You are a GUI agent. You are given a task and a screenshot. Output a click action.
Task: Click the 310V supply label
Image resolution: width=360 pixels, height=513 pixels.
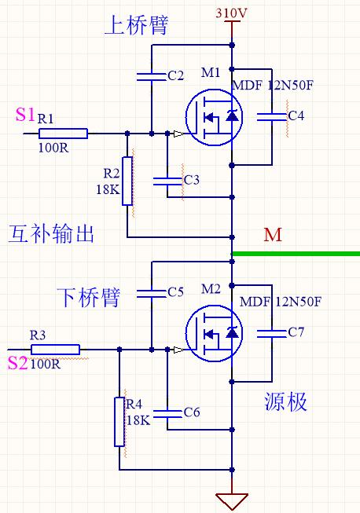click(231, 13)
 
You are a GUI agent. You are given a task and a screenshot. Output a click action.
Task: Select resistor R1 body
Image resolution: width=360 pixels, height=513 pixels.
click(63, 134)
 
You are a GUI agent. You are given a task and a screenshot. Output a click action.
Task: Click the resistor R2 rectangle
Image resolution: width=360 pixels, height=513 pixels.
click(127, 181)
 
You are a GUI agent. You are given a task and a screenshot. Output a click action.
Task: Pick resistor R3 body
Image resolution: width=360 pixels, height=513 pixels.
click(55, 350)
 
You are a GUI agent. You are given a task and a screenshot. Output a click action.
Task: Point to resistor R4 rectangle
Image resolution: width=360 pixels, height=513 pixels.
click(119, 422)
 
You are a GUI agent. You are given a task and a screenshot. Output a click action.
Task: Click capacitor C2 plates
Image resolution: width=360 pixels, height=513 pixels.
click(152, 77)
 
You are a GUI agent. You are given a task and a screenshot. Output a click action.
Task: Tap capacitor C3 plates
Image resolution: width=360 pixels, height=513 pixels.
click(167, 181)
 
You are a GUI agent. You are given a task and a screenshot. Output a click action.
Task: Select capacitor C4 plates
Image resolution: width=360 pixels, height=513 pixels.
click(272, 117)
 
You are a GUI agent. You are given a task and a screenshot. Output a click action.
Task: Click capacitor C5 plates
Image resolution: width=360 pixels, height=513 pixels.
click(152, 294)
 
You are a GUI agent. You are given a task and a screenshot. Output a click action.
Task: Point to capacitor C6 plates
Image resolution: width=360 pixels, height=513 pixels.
click(167, 414)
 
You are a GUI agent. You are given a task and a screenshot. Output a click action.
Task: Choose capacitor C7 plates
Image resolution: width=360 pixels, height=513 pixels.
click(272, 333)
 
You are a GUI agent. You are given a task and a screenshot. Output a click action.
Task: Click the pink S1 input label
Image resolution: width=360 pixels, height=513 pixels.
click(25, 115)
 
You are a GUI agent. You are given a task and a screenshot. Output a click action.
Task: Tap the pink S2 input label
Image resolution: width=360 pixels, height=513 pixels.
click(17, 363)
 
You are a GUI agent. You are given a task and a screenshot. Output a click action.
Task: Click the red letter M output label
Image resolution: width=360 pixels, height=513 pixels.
click(273, 234)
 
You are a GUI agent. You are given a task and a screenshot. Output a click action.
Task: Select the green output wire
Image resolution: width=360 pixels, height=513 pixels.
click(296, 254)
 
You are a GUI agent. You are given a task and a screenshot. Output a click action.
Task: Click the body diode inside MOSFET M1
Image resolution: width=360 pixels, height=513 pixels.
click(232, 115)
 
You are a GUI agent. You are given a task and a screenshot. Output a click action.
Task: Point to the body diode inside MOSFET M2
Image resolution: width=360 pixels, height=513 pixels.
click(232, 332)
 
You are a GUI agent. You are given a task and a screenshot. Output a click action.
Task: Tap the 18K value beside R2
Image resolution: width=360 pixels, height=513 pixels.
click(108, 189)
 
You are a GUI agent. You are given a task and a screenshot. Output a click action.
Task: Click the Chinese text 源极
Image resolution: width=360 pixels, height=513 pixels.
click(285, 401)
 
